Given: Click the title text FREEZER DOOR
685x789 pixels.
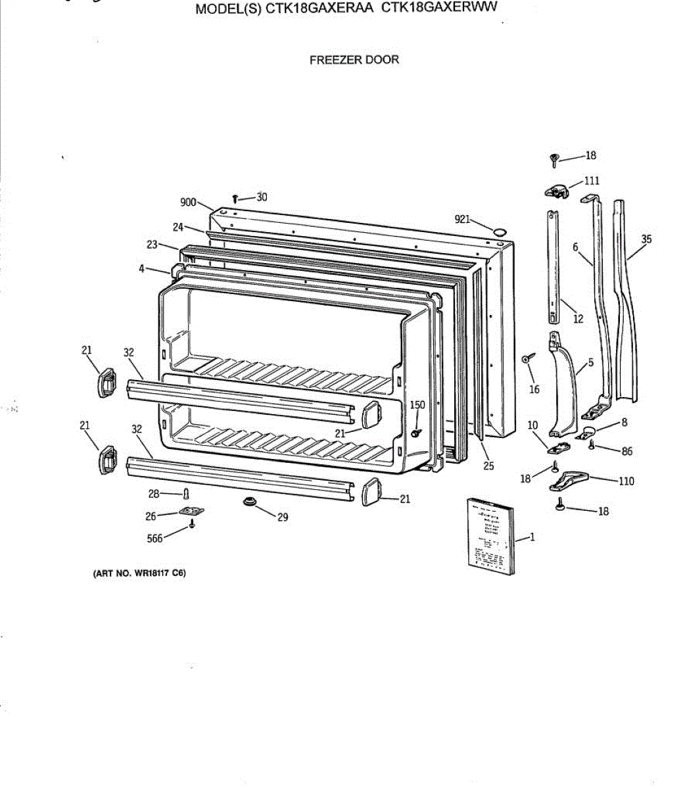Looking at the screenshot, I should click(354, 60).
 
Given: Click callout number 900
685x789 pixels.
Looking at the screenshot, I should click(188, 203).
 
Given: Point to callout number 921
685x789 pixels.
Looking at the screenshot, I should click(462, 219).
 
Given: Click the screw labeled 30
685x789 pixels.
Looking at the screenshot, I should click(235, 197).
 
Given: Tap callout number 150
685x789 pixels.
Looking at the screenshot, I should click(417, 405).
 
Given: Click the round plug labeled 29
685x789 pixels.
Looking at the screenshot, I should click(250, 503).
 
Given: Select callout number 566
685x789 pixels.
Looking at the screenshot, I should click(154, 539).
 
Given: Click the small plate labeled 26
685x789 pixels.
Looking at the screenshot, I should click(189, 512).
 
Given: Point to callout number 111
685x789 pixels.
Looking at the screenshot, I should click(592, 181).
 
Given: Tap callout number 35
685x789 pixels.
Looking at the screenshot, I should click(646, 239).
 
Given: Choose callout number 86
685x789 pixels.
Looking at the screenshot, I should click(626, 452).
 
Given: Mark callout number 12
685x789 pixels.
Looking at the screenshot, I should click(578, 320).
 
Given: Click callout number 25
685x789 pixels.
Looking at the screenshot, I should click(488, 466).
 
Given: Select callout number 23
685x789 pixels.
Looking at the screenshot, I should click(153, 245).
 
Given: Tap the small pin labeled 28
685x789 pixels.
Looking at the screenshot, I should click(187, 493).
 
